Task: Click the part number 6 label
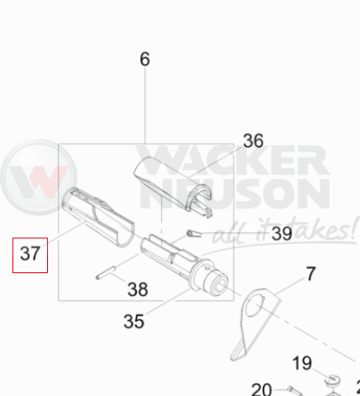tap(145, 59)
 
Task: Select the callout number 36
tap(253, 141)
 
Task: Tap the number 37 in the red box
tap(30, 254)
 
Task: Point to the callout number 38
tap(138, 289)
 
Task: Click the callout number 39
tap(282, 234)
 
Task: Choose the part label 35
tap(133, 321)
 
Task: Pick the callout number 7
tap(310, 274)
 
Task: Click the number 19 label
tap(302, 363)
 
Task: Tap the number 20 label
tap(261, 390)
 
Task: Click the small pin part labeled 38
tap(106, 272)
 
